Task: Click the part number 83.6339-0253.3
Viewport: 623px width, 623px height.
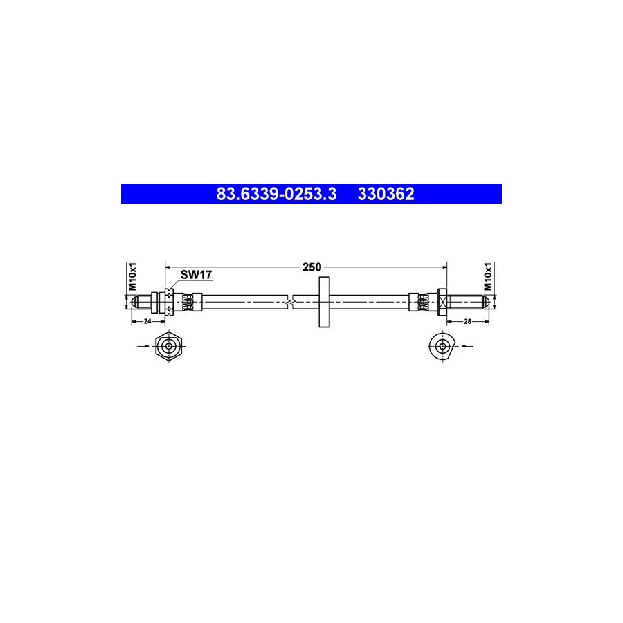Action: point(276,195)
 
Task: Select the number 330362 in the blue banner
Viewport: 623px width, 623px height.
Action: point(386,195)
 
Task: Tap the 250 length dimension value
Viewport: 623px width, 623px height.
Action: point(311,267)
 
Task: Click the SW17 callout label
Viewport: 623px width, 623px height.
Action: point(196,275)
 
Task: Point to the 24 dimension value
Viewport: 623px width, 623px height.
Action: point(147,322)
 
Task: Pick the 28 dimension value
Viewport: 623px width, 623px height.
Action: point(468,322)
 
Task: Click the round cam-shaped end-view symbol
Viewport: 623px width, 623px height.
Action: point(441,345)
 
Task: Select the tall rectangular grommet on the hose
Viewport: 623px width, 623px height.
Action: point(323,301)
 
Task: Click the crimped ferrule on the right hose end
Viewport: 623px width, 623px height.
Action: point(421,301)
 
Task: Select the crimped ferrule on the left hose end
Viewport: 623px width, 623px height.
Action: point(191,301)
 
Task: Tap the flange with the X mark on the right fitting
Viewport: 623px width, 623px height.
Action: point(441,301)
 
